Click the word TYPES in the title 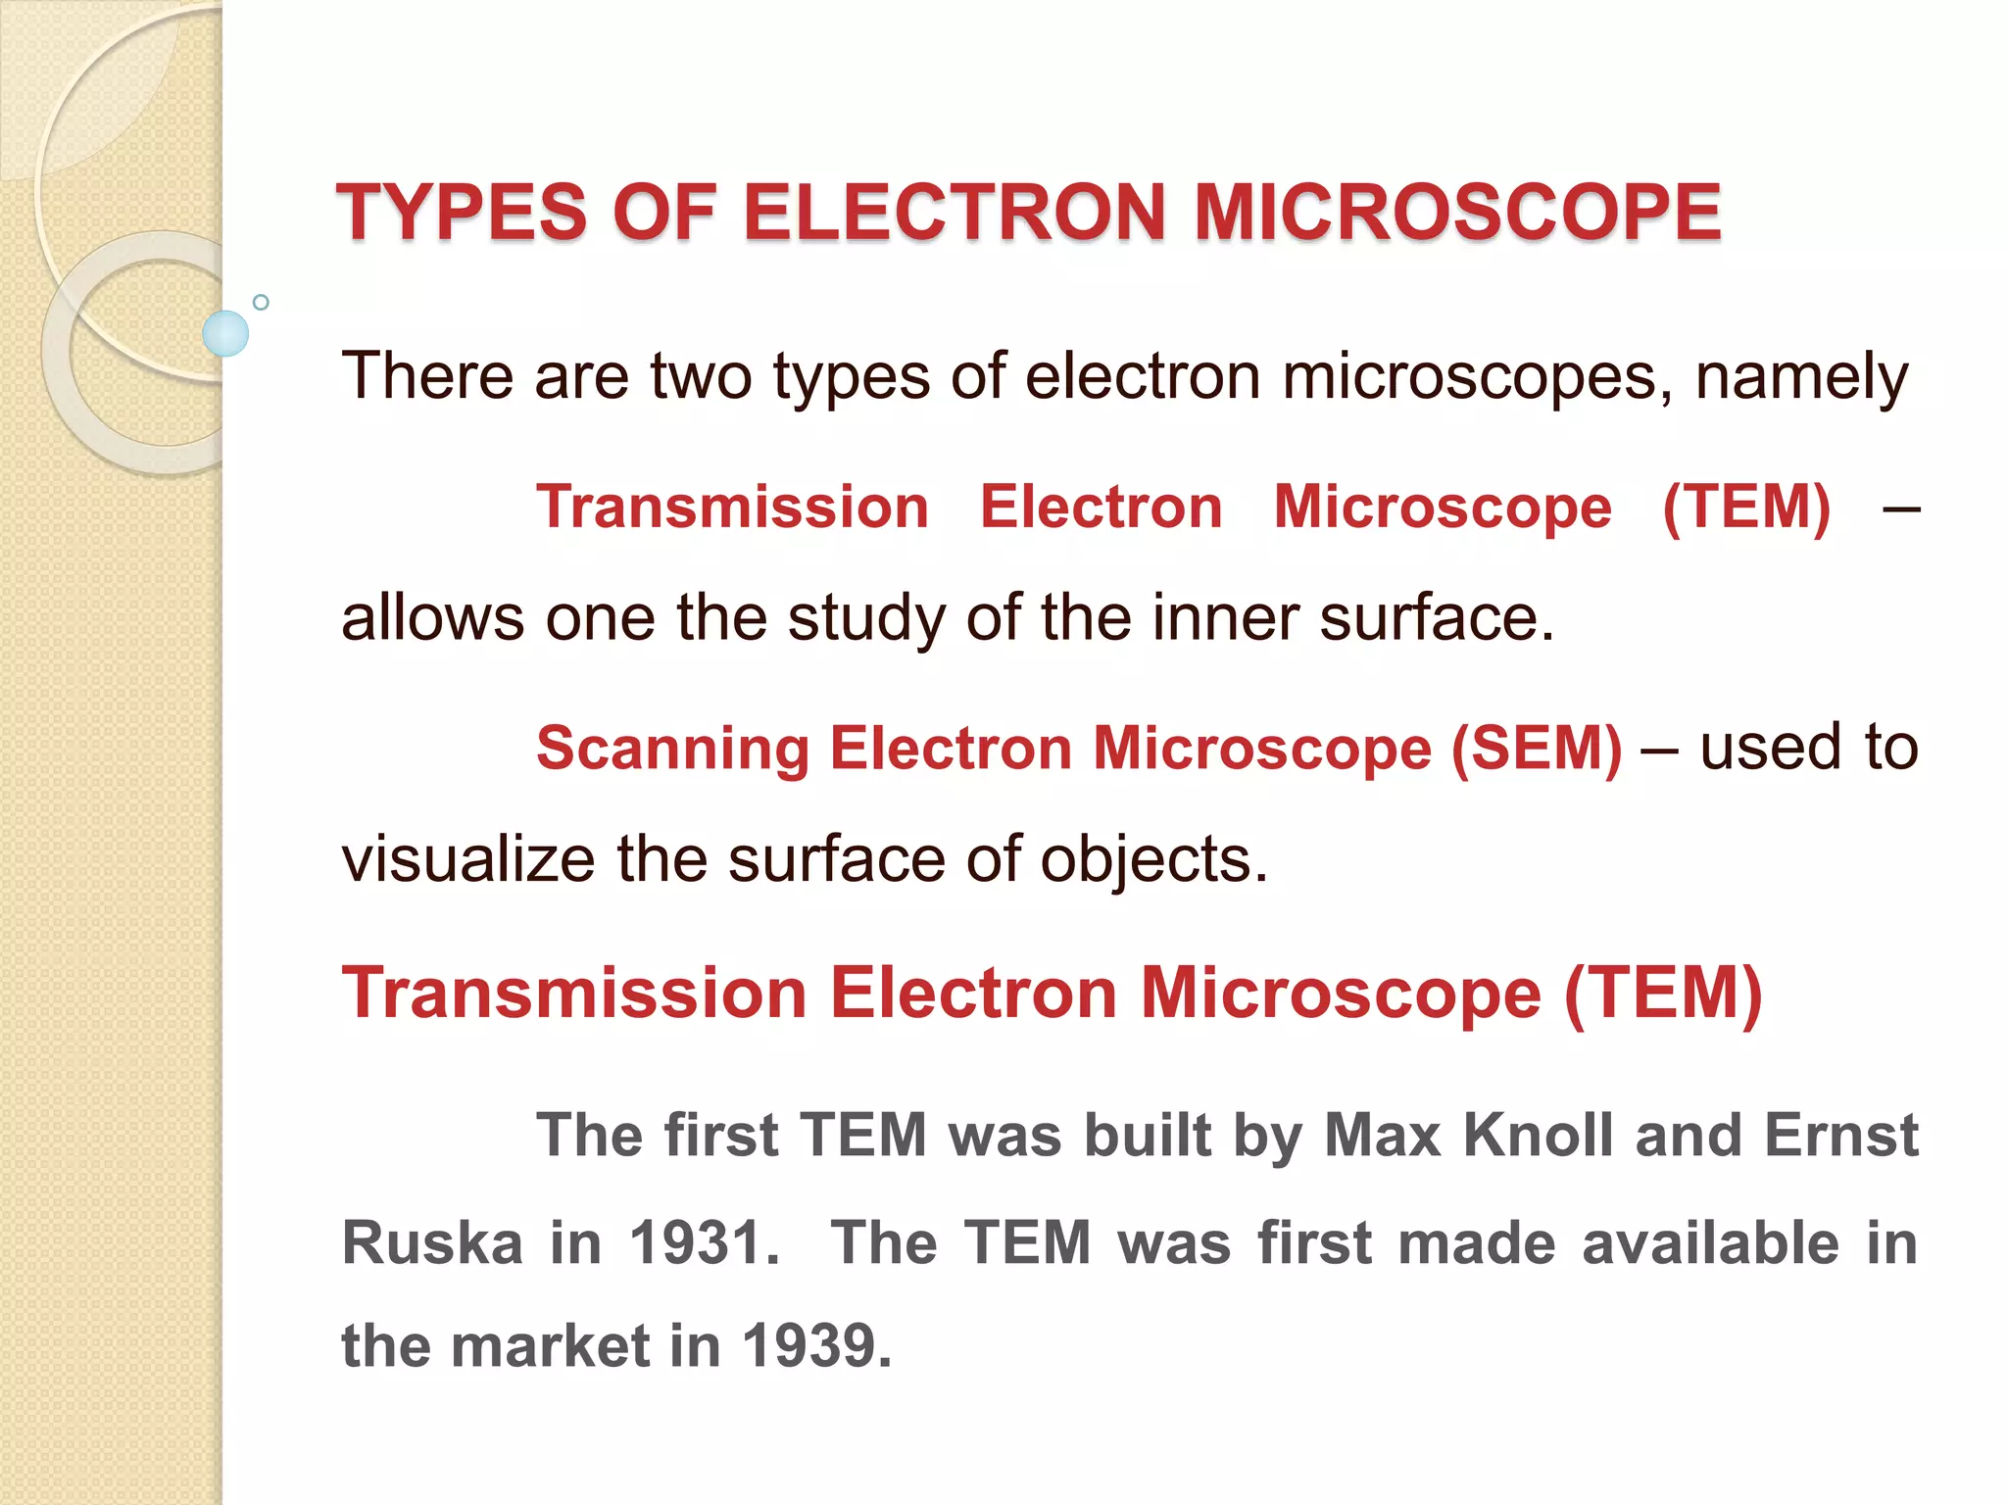click(462, 213)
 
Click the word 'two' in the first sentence click(701, 376)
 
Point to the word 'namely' click(1801, 378)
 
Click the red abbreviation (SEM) click(1536, 749)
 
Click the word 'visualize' click(467, 859)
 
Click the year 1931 click(704, 1243)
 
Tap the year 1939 click(816, 1346)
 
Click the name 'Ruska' click(432, 1243)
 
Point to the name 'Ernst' click(1840, 1136)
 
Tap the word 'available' click(1710, 1243)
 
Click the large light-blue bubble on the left click(225, 333)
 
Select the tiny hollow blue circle click(261, 302)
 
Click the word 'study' click(866, 620)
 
